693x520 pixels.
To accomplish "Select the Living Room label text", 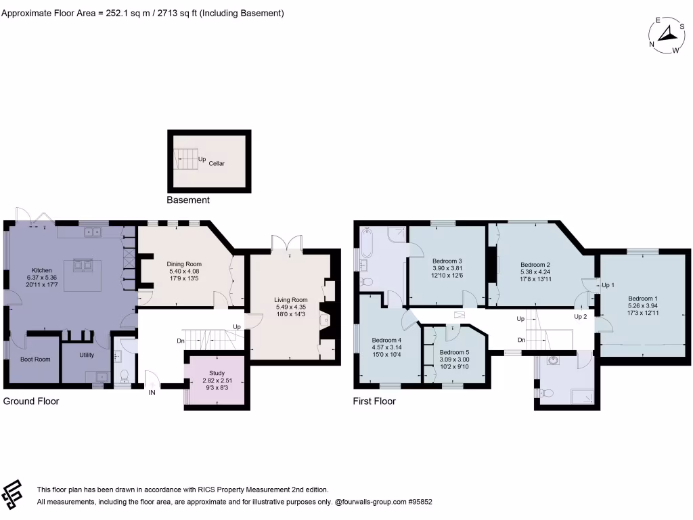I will click(x=291, y=300).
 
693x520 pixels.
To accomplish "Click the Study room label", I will click(x=217, y=373).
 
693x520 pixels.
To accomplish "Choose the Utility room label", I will click(x=86, y=355).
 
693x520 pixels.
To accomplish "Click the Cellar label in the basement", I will click(x=217, y=163).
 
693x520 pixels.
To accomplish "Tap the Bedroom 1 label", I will click(x=642, y=299).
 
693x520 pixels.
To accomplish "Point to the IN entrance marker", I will click(x=152, y=392).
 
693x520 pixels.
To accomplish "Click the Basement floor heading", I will click(x=188, y=200).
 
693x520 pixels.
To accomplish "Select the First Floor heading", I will click(x=374, y=402).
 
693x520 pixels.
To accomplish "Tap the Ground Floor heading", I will click(x=31, y=402).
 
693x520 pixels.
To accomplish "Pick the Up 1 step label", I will click(x=608, y=285).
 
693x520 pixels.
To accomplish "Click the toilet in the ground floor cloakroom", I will click(x=123, y=375).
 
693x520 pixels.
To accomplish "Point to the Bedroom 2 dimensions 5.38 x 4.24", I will click(x=535, y=272).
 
